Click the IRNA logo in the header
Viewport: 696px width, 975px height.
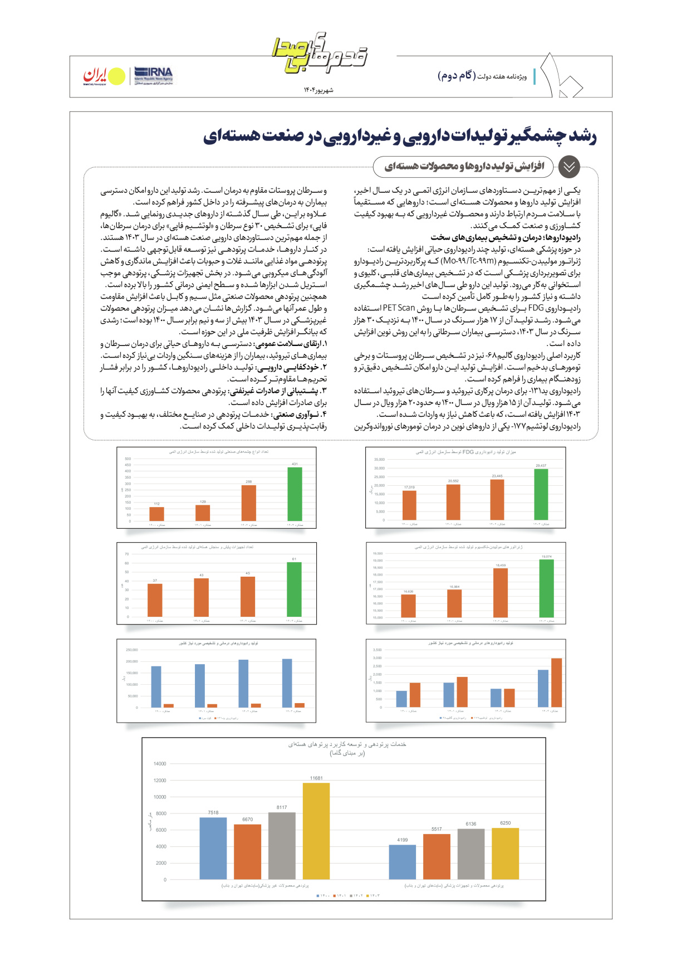154,76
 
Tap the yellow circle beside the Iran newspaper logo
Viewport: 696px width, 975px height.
116,77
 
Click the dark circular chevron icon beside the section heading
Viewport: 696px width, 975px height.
569,167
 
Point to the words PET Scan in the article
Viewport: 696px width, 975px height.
399,308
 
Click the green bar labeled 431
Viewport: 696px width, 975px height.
295,494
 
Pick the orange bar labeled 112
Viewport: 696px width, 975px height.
157,514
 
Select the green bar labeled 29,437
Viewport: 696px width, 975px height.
541,495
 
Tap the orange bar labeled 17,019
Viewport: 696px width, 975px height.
409,505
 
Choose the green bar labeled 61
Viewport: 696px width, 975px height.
294,589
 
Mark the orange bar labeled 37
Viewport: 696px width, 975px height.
155,600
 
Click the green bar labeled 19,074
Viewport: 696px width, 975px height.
546,588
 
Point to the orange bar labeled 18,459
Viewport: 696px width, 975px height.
501,593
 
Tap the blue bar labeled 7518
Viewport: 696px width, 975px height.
213,849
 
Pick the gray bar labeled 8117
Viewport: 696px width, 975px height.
282,846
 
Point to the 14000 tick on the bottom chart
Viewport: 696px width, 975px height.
160,764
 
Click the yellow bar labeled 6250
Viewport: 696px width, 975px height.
506,854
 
